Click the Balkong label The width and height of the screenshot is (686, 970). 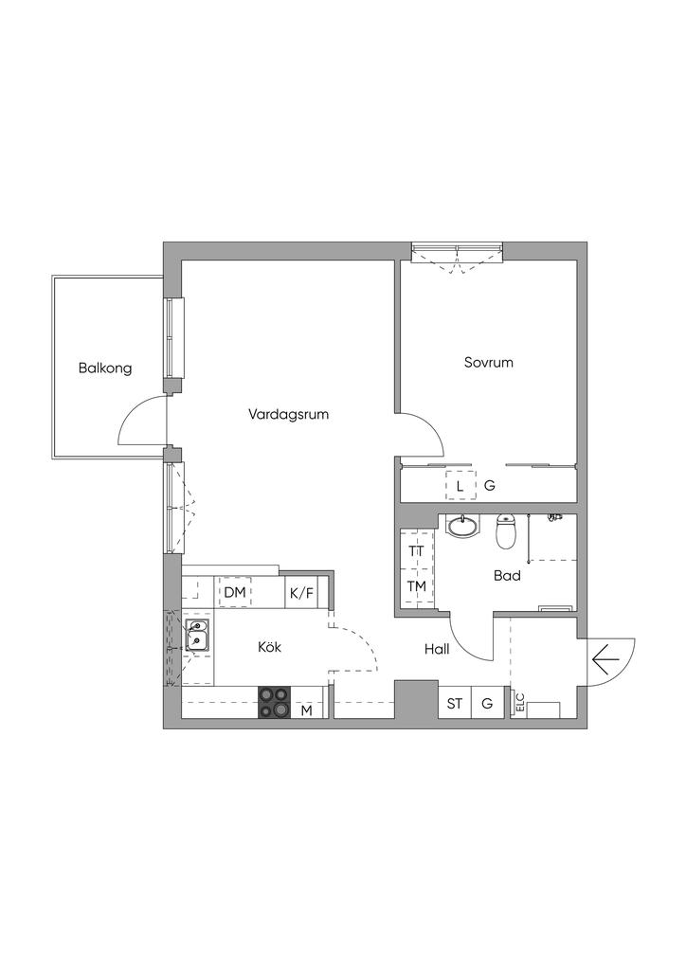tap(105, 368)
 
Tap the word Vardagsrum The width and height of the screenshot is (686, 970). tap(288, 415)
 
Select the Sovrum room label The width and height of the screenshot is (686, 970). tap(489, 363)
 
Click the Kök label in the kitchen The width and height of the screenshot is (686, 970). tap(270, 647)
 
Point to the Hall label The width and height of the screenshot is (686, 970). tap(437, 650)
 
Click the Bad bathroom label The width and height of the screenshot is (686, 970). tap(507, 576)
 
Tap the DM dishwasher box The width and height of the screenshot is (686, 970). tap(235, 593)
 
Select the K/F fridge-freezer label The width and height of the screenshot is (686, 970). tap(301, 594)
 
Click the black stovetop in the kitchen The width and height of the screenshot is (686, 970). tap(274, 703)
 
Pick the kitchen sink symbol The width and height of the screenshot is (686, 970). tap(197, 636)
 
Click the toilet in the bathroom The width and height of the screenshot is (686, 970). tap(506, 531)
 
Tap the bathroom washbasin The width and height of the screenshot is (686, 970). tap(462, 527)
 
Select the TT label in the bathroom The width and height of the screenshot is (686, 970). tap(416, 550)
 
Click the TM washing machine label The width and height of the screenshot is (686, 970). tap(416, 585)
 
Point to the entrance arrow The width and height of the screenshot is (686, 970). tap(605, 660)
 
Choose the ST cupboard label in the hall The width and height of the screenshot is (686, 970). tap(455, 704)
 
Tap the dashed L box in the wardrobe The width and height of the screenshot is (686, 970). tap(460, 486)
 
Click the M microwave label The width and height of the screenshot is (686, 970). tap(306, 710)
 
